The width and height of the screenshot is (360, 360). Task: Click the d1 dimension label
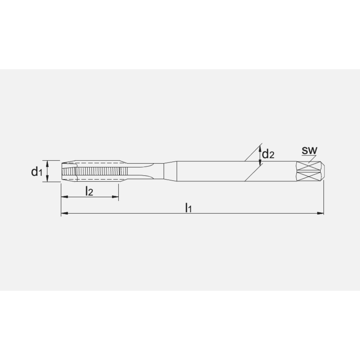(36, 172)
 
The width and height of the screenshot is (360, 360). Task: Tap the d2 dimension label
(268, 154)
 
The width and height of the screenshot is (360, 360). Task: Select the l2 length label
(89, 191)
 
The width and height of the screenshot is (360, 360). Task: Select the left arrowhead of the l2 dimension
(64, 197)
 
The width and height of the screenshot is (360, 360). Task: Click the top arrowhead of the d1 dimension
(48, 163)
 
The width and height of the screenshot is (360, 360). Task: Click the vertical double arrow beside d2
(260, 155)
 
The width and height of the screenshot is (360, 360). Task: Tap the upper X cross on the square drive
(309, 166)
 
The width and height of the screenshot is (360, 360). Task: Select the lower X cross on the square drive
(309, 176)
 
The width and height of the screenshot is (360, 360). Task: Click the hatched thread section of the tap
(97, 171)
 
